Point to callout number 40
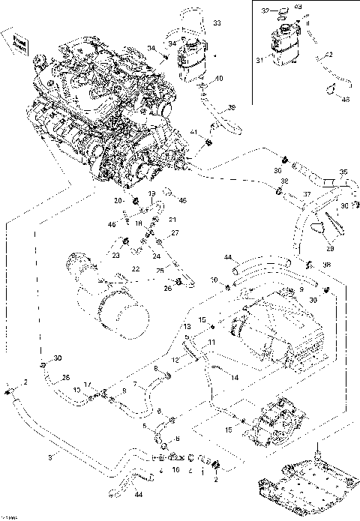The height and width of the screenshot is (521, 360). (219, 79)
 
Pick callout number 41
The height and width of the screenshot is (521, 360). (193, 133)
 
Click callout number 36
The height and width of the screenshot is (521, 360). (232, 108)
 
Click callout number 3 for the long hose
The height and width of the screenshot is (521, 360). (50, 455)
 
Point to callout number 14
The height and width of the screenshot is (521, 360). (235, 378)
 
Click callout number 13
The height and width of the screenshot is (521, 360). (186, 328)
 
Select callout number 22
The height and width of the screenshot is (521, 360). (136, 268)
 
